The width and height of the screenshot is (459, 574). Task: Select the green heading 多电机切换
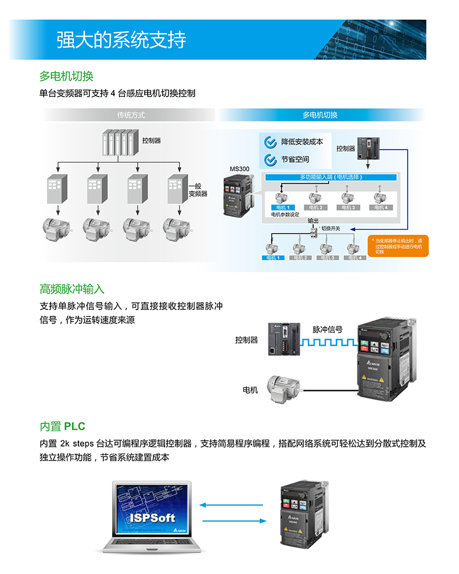coord(66,76)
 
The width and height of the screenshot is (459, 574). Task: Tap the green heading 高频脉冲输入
coord(72,289)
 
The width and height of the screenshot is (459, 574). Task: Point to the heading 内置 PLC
coord(63,426)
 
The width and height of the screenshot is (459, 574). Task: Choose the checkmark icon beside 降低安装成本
coord(270,142)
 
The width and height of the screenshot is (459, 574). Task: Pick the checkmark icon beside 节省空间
coord(270,159)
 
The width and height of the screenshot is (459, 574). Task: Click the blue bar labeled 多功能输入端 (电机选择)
coord(331,177)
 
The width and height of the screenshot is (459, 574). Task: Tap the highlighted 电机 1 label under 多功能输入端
coord(284,208)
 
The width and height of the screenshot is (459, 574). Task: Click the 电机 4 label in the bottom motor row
coord(354,257)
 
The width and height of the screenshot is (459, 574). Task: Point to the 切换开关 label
coord(331,229)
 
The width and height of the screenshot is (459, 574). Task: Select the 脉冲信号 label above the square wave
coord(328,329)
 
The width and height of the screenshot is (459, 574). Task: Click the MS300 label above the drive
coord(239,169)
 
